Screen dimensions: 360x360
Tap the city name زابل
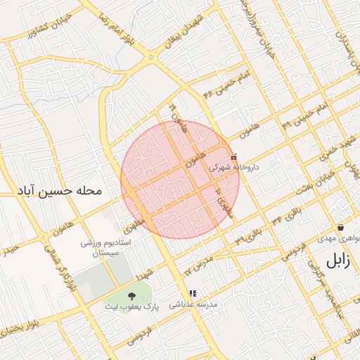336,260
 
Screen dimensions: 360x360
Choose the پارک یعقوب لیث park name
133,307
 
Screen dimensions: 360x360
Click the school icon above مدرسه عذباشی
193,293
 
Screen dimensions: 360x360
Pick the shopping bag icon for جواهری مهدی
340,228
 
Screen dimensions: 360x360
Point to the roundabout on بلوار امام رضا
150,58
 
